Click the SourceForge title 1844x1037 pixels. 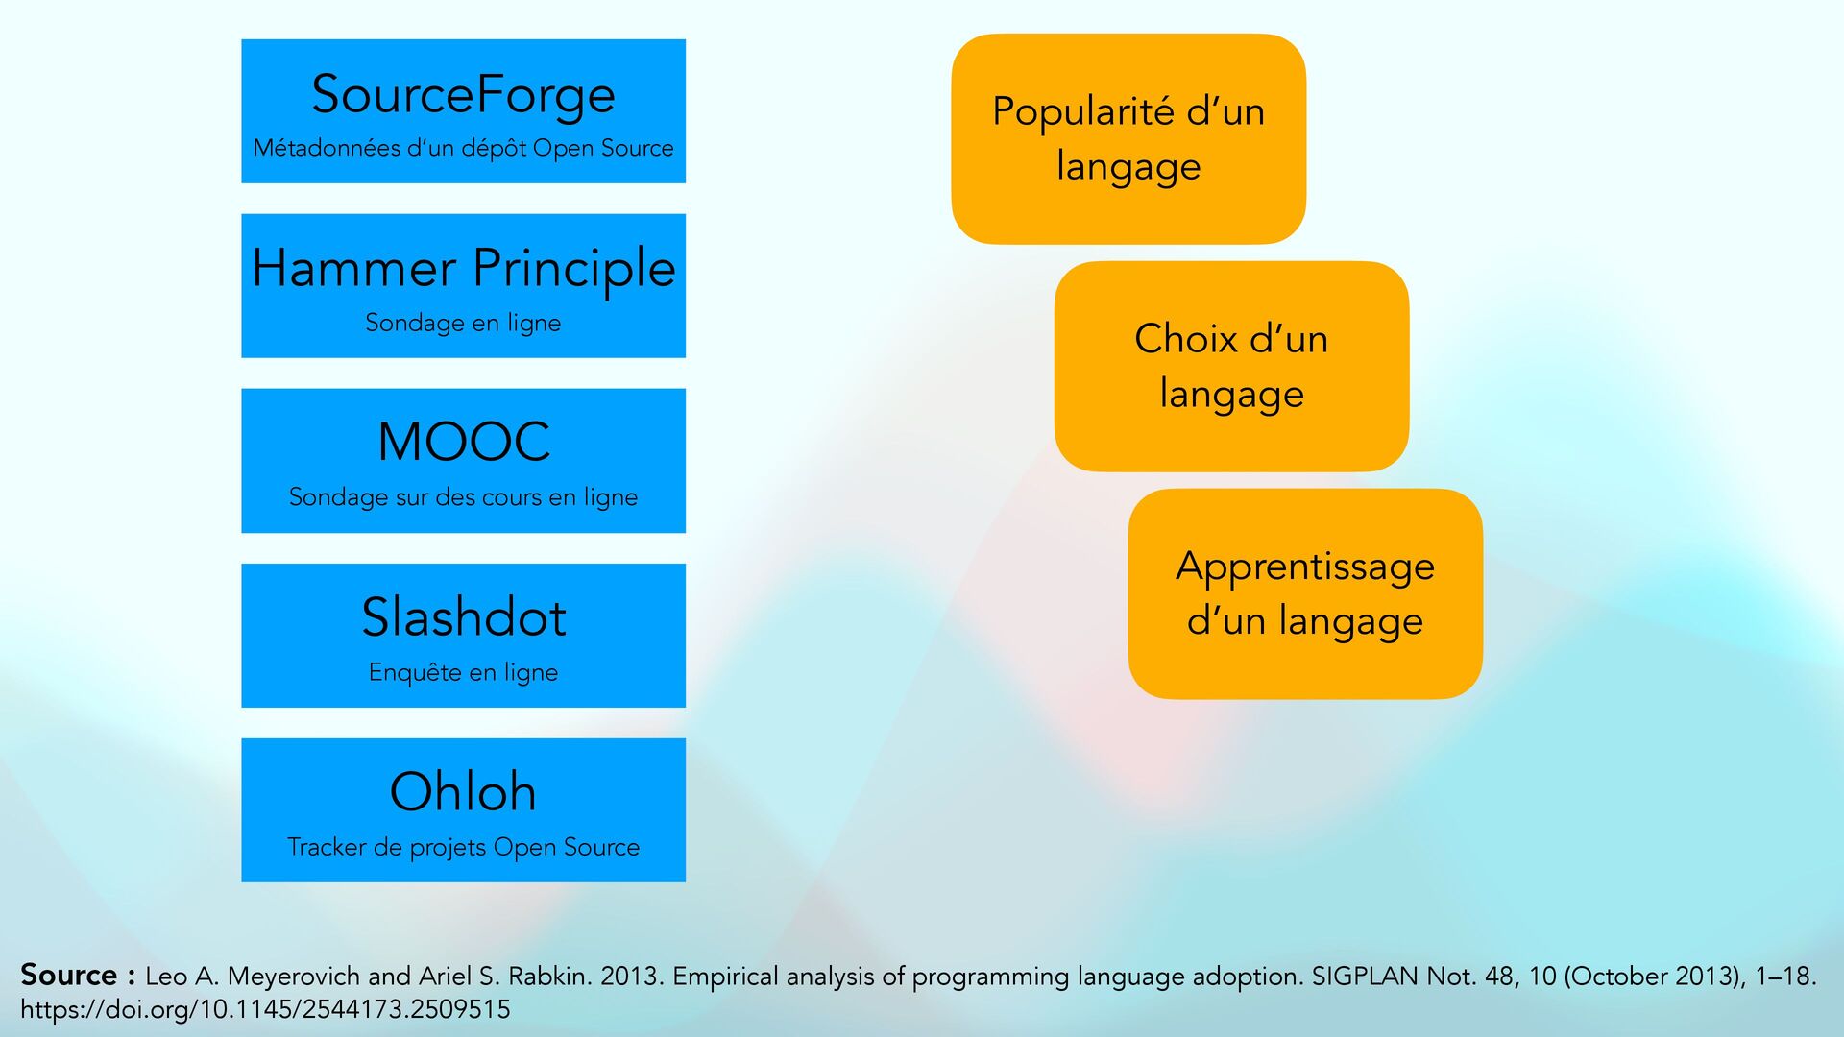pyautogui.click(x=463, y=94)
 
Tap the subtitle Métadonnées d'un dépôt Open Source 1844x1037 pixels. pyautogui.click(x=463, y=148)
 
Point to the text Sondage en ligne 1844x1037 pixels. pyautogui.click(x=463, y=323)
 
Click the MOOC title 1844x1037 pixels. pyautogui.click(x=464, y=442)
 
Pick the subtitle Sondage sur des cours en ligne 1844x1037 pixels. pyautogui.click(x=463, y=497)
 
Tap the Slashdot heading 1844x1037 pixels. pyautogui.click(x=464, y=616)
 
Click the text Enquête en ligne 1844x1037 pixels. pyautogui.click(x=463, y=672)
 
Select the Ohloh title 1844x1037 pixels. pyautogui.click(x=463, y=791)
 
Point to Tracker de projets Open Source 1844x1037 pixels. pyautogui.click(x=463, y=847)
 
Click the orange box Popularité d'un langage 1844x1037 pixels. pyautogui.click(x=1128, y=139)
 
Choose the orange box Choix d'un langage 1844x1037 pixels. pyautogui.click(x=1231, y=367)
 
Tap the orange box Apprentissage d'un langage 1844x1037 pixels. pyautogui.click(x=1305, y=594)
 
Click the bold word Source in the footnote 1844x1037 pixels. pyautogui.click(x=69, y=975)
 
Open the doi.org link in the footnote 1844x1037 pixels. pyautogui.click(x=265, y=1009)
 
